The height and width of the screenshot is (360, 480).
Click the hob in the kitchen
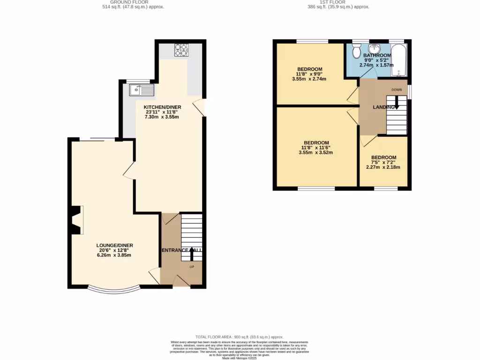point(180,50)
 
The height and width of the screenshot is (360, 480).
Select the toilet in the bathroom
point(357,50)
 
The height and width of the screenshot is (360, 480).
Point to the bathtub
point(399,60)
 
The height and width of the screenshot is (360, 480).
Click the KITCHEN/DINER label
point(162,107)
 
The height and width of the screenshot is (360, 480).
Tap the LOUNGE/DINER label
point(115,245)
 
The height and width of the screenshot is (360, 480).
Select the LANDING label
point(383,108)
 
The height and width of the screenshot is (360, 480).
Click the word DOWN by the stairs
point(396,89)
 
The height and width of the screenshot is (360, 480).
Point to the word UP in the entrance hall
point(192,267)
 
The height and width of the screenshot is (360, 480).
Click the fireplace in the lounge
point(75,220)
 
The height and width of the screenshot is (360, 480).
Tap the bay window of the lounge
point(114,288)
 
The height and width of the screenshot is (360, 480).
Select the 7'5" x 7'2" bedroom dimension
point(383,163)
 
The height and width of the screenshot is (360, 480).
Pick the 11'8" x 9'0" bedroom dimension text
point(309,74)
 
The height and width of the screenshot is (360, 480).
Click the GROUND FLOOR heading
point(127,2)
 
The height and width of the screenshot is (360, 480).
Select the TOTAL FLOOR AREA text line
point(240,337)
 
